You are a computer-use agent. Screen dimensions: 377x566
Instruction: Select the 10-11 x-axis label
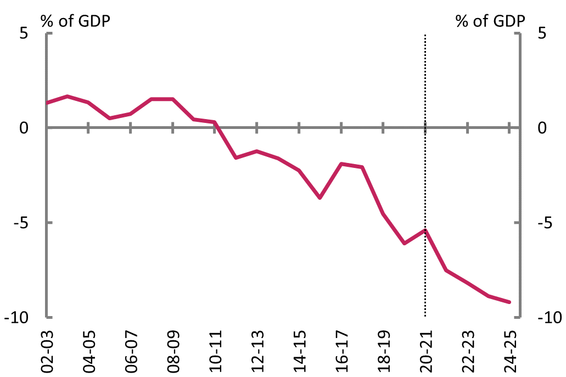[215, 349]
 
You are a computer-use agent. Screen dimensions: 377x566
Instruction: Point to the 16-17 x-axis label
[341, 349]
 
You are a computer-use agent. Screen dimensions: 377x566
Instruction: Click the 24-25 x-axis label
[509, 349]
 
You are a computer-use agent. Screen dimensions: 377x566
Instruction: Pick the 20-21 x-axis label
[425, 349]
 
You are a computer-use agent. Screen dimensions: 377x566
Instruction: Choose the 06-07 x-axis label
[131, 349]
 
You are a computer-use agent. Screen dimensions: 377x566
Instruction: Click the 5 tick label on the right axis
[542, 33]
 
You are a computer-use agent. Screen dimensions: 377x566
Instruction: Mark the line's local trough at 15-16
[320, 198]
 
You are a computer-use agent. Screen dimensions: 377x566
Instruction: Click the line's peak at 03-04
[68, 97]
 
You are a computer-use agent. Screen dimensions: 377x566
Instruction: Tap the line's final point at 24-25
[509, 302]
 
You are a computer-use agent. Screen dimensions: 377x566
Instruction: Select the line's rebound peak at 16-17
[341, 164]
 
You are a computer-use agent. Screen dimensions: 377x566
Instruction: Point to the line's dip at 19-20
[404, 243]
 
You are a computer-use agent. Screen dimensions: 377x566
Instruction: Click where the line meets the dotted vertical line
[425, 230]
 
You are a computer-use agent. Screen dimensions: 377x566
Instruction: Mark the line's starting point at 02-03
[48, 103]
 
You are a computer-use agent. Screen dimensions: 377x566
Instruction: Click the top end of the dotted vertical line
[425, 35]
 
